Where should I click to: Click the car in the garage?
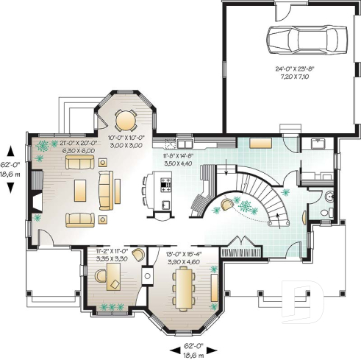point(301,38)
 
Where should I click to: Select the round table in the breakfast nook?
point(126,119)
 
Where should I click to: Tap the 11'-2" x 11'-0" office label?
point(112,255)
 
